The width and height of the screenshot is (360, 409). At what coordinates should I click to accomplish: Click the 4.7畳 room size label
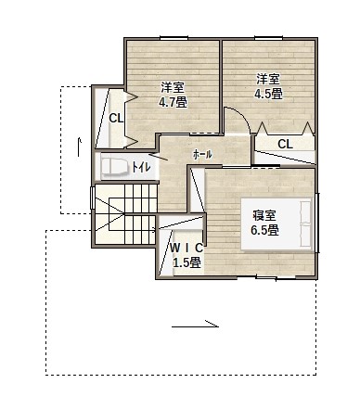[x=173, y=102]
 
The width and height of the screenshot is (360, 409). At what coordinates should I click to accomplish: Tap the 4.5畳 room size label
[x=268, y=94]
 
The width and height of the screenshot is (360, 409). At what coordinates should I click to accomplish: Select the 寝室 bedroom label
[x=264, y=215]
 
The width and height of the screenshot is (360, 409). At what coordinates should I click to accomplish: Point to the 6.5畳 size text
[x=264, y=230]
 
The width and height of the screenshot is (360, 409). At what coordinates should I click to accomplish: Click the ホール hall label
[x=202, y=154]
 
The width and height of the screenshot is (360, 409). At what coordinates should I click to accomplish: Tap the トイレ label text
[x=141, y=167]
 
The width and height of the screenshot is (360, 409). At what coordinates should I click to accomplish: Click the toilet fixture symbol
[x=115, y=168]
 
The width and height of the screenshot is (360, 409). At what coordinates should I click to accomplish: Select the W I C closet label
[x=186, y=248]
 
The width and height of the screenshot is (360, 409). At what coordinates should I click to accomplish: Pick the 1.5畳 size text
[x=186, y=262]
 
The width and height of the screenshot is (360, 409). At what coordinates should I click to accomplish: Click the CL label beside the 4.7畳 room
[x=116, y=118]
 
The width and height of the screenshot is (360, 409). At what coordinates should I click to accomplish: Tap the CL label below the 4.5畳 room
[x=285, y=144]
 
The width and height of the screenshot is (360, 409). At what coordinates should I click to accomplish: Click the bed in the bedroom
[x=276, y=224]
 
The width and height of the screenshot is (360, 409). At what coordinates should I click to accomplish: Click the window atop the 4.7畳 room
[x=174, y=38]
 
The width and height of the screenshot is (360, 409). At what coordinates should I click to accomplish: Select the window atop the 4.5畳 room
[x=268, y=38]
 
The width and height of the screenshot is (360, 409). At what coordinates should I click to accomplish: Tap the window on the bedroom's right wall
[x=318, y=223]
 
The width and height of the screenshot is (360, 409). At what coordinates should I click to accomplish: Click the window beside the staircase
[x=92, y=198]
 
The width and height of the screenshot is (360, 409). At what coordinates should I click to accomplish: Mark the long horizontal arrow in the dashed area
[x=195, y=325]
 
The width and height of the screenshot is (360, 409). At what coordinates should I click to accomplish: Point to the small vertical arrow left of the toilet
[x=79, y=147]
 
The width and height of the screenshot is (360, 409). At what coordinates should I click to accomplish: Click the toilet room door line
[x=159, y=157]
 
